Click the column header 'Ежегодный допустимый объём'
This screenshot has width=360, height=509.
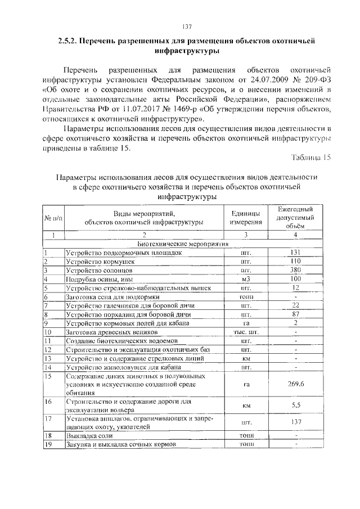pyautogui.click(x=295, y=218)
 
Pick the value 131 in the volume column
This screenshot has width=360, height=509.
pyautogui.click(x=296, y=253)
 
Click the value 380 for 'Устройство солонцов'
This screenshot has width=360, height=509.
pyautogui.click(x=296, y=270)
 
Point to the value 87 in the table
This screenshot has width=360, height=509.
pyautogui.click(x=296, y=314)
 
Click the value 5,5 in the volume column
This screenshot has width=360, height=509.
pyautogui.click(x=296, y=406)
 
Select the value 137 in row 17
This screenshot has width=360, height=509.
pyautogui.click(x=296, y=422)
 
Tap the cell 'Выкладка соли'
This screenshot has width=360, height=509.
pyautogui.click(x=89, y=435)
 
